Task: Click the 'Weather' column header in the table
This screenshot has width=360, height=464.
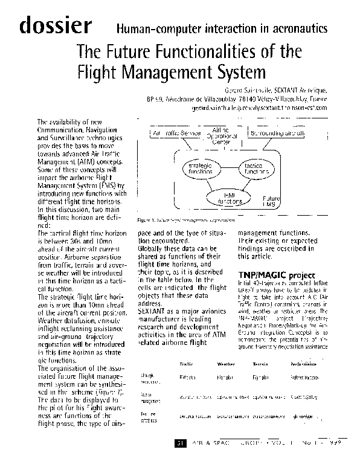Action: click(226, 364)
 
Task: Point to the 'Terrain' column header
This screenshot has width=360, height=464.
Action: click(261, 364)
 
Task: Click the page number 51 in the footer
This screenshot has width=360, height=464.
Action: click(179, 443)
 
